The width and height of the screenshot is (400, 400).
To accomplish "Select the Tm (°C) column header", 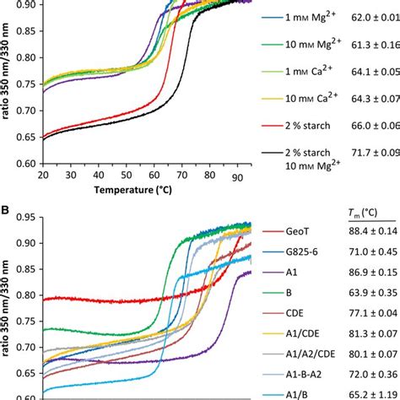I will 370,211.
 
